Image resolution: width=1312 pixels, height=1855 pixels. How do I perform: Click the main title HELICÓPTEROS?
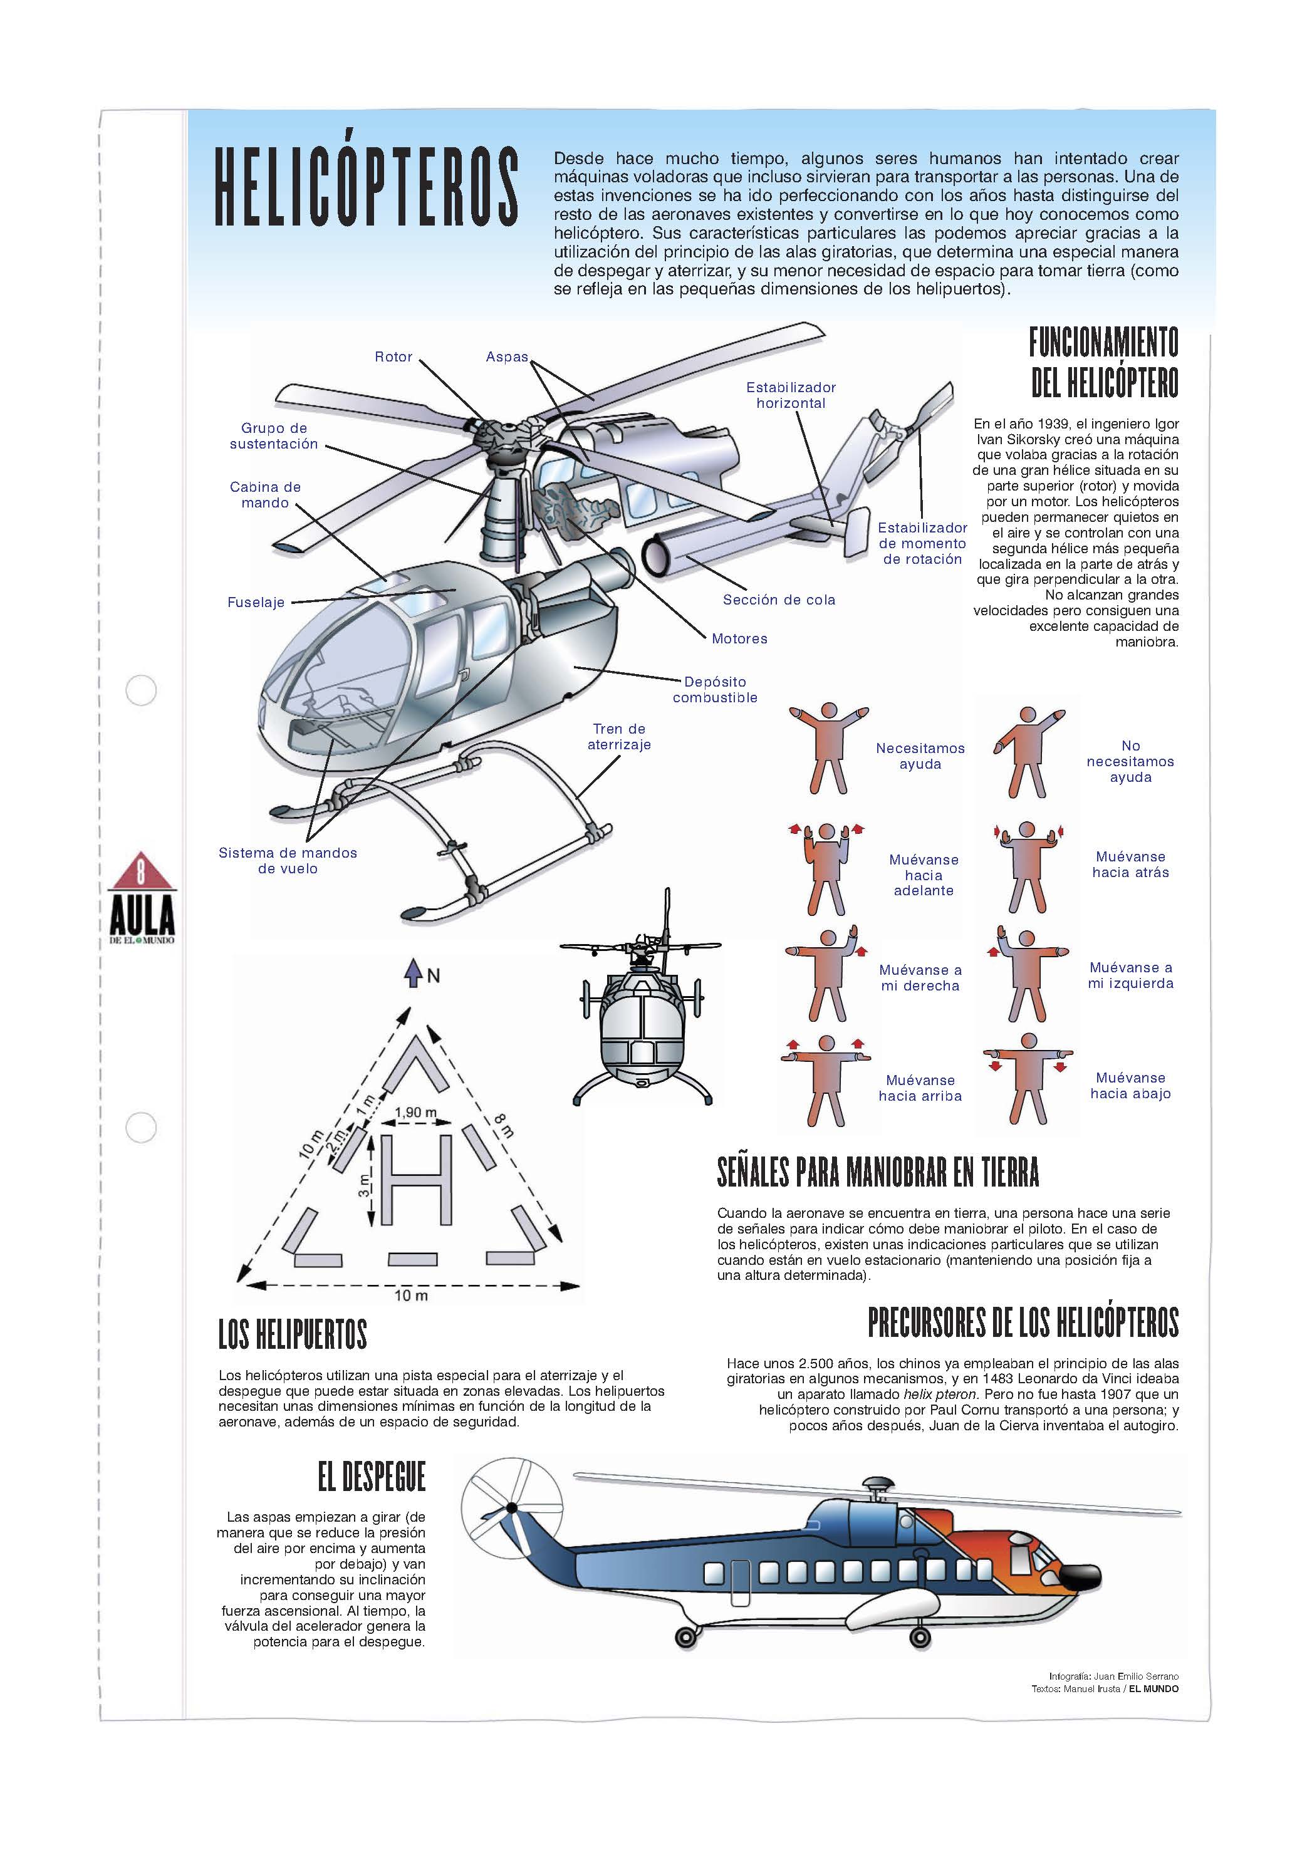pyautogui.click(x=365, y=187)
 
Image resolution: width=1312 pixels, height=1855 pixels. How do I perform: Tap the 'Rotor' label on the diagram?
pyautogui.click(x=393, y=357)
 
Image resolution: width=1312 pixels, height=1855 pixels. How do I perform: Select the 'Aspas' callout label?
pyautogui.click(x=506, y=357)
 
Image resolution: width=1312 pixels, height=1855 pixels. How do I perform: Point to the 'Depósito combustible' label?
pyautogui.click(x=715, y=689)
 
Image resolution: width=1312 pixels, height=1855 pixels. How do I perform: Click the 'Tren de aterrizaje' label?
pyautogui.click(x=619, y=737)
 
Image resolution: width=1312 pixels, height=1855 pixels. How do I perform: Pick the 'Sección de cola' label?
pyautogui.click(x=779, y=600)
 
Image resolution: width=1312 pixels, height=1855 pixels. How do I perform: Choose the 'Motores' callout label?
pyautogui.click(x=739, y=638)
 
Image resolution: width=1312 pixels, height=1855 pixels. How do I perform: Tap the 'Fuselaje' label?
pyautogui.click(x=256, y=602)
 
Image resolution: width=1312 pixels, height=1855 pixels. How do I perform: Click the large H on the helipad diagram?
pyautogui.click(x=415, y=1179)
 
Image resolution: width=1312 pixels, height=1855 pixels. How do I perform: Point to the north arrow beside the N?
pyautogui.click(x=414, y=973)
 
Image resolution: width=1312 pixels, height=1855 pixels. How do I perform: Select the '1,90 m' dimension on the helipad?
pyautogui.click(x=415, y=1113)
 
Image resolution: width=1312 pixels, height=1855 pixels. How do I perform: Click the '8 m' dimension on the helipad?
pyautogui.click(x=503, y=1125)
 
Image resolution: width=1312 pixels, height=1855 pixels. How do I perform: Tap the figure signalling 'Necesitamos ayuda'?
pyautogui.click(x=828, y=748)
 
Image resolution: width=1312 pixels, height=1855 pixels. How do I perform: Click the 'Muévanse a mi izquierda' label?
pyautogui.click(x=1130, y=975)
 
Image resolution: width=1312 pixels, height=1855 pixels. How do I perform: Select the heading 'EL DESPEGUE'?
pyautogui.click(x=371, y=1477)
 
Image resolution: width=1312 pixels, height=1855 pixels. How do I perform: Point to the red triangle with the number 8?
pyautogui.click(x=142, y=873)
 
